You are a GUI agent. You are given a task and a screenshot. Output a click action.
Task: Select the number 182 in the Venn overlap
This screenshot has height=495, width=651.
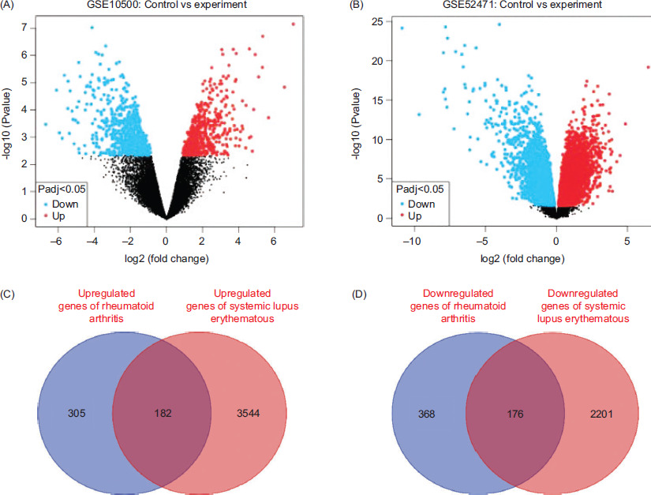tap(163, 414)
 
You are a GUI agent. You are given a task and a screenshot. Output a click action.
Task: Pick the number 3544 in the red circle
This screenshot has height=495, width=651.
tap(253, 414)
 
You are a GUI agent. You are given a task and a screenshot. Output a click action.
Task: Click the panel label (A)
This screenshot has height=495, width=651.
tap(9, 7)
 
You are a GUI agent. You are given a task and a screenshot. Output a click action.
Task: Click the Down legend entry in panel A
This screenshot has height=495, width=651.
tap(62, 203)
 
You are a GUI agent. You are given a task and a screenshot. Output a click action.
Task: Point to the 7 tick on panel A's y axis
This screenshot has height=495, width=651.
tap(27, 28)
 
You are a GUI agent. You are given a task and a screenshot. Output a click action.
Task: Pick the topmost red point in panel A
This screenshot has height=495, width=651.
tap(294, 24)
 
